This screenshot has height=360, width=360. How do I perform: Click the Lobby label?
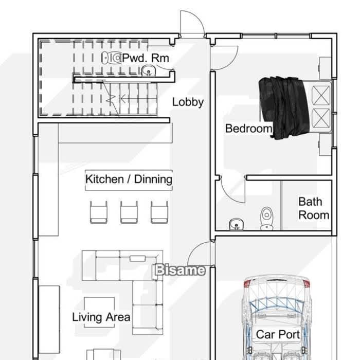point(188,102)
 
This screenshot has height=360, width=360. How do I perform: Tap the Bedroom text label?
point(248,129)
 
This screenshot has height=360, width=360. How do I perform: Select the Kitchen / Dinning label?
point(129,179)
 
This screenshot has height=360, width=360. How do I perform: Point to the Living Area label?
point(101,317)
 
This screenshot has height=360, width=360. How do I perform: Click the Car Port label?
point(278,334)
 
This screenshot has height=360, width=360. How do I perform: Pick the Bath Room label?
point(314,208)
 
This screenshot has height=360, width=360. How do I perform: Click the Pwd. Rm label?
point(146,58)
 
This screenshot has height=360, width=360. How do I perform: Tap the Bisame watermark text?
point(180,270)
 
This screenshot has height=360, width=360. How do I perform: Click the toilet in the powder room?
point(112,58)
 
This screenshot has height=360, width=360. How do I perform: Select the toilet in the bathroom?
point(266,219)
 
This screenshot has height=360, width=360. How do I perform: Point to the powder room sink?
point(149,70)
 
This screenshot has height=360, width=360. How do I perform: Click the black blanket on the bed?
point(284,107)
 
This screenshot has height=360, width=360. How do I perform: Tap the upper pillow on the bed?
point(321,95)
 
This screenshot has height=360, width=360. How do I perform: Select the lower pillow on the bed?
point(321,118)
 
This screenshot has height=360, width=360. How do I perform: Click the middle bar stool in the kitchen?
point(129,212)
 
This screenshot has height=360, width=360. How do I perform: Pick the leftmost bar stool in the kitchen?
point(99,212)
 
